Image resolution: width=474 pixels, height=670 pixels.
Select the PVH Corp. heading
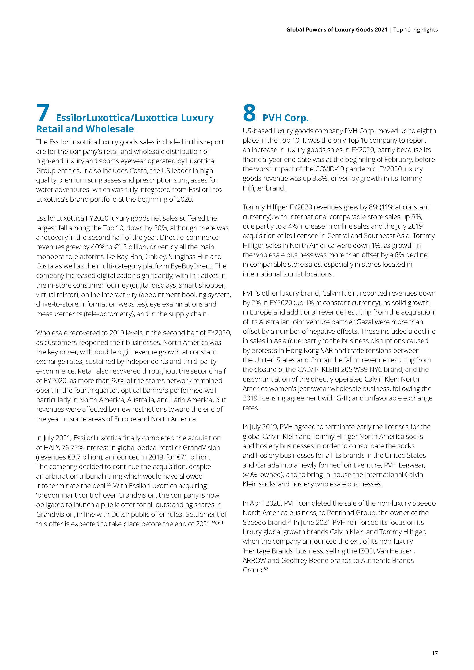(x=285, y=118)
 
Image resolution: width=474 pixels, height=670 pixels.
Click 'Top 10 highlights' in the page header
(x=415, y=30)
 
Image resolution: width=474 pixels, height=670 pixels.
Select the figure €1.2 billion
(x=130, y=247)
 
